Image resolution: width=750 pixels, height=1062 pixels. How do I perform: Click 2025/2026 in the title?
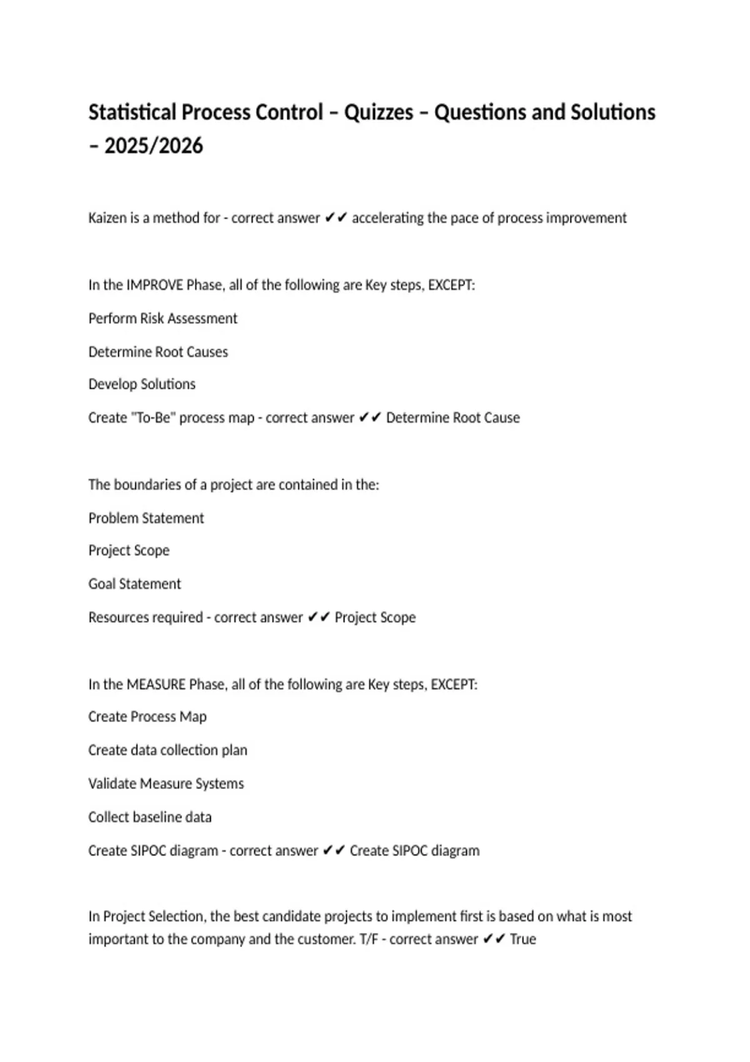click(x=153, y=146)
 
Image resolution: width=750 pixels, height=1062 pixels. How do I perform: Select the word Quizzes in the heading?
click(x=379, y=112)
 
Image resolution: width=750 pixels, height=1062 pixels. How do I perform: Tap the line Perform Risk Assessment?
click(x=162, y=319)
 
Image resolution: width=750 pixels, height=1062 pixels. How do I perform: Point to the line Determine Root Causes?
click(x=158, y=352)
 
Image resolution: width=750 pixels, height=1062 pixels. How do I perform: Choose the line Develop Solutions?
click(x=142, y=384)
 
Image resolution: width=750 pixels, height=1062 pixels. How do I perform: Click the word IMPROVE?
click(x=154, y=285)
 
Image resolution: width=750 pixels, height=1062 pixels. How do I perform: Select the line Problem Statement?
click(x=146, y=519)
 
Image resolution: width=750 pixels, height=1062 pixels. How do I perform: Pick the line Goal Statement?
click(x=134, y=584)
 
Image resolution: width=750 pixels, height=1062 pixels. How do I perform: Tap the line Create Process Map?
click(x=147, y=717)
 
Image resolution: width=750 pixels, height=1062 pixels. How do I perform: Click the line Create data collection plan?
click(x=167, y=750)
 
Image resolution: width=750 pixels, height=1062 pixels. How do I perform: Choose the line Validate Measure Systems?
click(x=166, y=784)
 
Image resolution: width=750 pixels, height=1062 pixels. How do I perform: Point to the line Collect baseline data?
click(x=150, y=817)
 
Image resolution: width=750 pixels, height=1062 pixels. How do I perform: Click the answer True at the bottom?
click(x=523, y=940)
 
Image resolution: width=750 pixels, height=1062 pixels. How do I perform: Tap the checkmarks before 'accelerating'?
click(x=336, y=218)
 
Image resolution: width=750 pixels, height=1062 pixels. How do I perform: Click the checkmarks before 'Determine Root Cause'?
click(x=370, y=418)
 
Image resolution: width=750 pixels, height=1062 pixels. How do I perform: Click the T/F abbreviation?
click(x=369, y=940)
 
